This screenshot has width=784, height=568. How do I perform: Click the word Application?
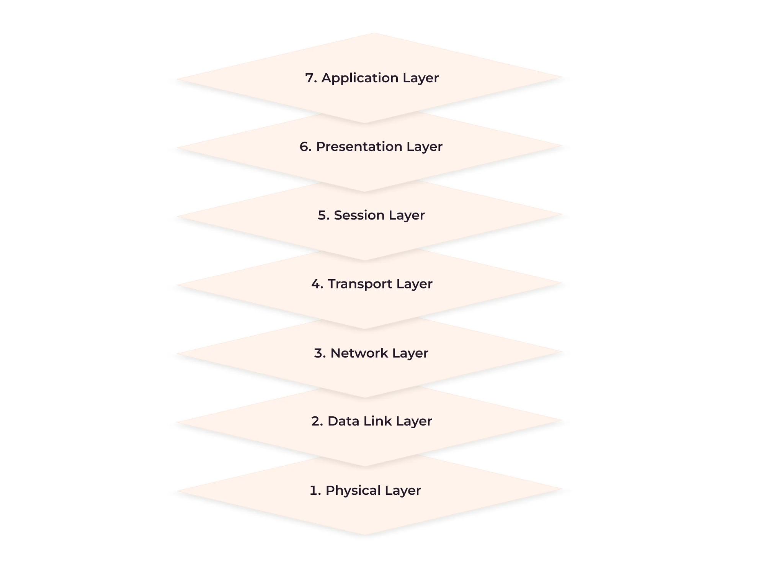coord(360,79)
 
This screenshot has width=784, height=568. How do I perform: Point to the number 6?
coord(305,146)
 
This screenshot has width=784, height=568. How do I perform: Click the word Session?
coord(359,215)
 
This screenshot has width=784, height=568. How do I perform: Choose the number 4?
coord(317,284)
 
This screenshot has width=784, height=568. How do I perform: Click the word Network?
coord(359,353)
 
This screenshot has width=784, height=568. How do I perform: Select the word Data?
coord(344,421)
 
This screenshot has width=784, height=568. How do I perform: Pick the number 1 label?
coord(315,490)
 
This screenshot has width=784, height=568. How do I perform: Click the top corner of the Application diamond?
coord(374,33)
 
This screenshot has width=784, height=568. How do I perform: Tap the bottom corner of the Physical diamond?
coord(364,535)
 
